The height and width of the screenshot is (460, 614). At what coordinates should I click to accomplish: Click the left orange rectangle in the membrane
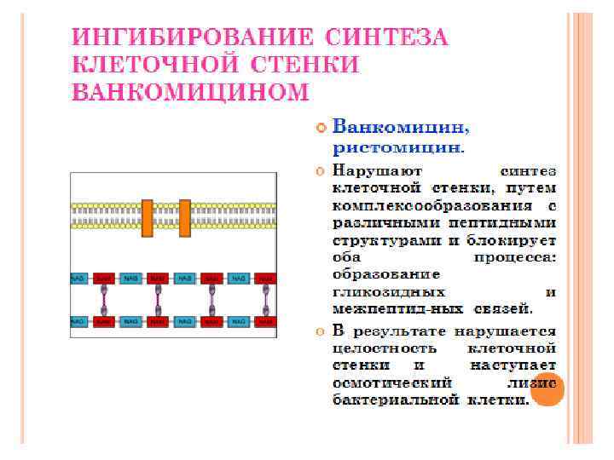(148, 217)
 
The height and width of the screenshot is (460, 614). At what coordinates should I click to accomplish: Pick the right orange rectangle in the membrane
(185, 217)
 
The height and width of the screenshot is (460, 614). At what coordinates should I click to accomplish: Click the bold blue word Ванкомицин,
(399, 129)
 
